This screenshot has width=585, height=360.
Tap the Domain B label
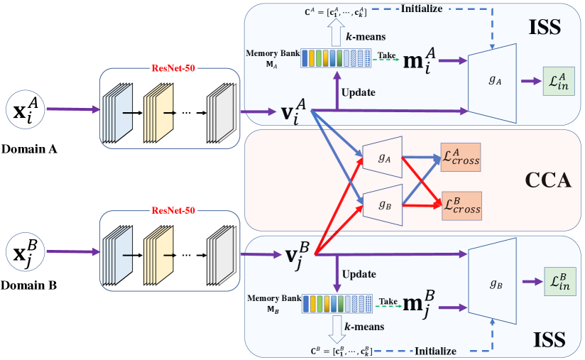pyautogui.click(x=30, y=289)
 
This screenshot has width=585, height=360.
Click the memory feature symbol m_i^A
pyautogui.click(x=418, y=62)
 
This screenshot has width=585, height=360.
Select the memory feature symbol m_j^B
pyautogui.click(x=418, y=303)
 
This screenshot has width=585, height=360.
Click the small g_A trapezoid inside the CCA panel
pyautogui.click(x=383, y=158)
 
